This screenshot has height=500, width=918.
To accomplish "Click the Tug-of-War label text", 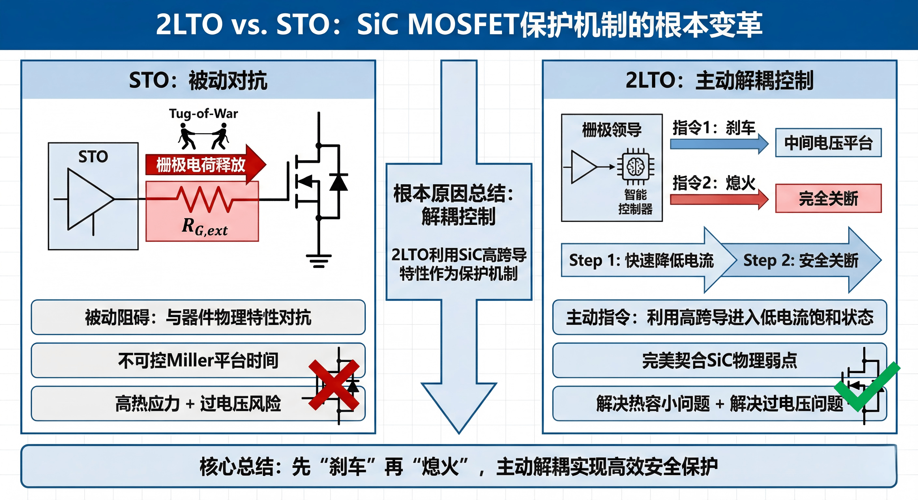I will tap(203, 114).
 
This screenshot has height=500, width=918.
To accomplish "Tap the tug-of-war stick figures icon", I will tap(203, 136).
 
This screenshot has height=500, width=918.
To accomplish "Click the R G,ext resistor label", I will tap(204, 227).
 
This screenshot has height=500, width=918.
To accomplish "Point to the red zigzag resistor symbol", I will tap(206, 200).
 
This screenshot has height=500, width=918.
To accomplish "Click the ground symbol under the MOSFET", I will tap(318, 260).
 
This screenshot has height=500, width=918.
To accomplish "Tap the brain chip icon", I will tap(636, 167).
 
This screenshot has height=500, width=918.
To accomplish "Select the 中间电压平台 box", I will tap(828, 143).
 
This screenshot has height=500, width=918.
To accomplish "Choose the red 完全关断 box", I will tap(828, 198).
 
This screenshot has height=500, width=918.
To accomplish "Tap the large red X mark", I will tap(333, 385).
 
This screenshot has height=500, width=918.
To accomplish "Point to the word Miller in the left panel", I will tap(191, 360).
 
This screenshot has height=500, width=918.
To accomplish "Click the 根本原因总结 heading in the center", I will tap(453, 194).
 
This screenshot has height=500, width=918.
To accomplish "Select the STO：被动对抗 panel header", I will tap(198, 80).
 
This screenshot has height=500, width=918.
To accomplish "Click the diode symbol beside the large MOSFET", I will tap(338, 182).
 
